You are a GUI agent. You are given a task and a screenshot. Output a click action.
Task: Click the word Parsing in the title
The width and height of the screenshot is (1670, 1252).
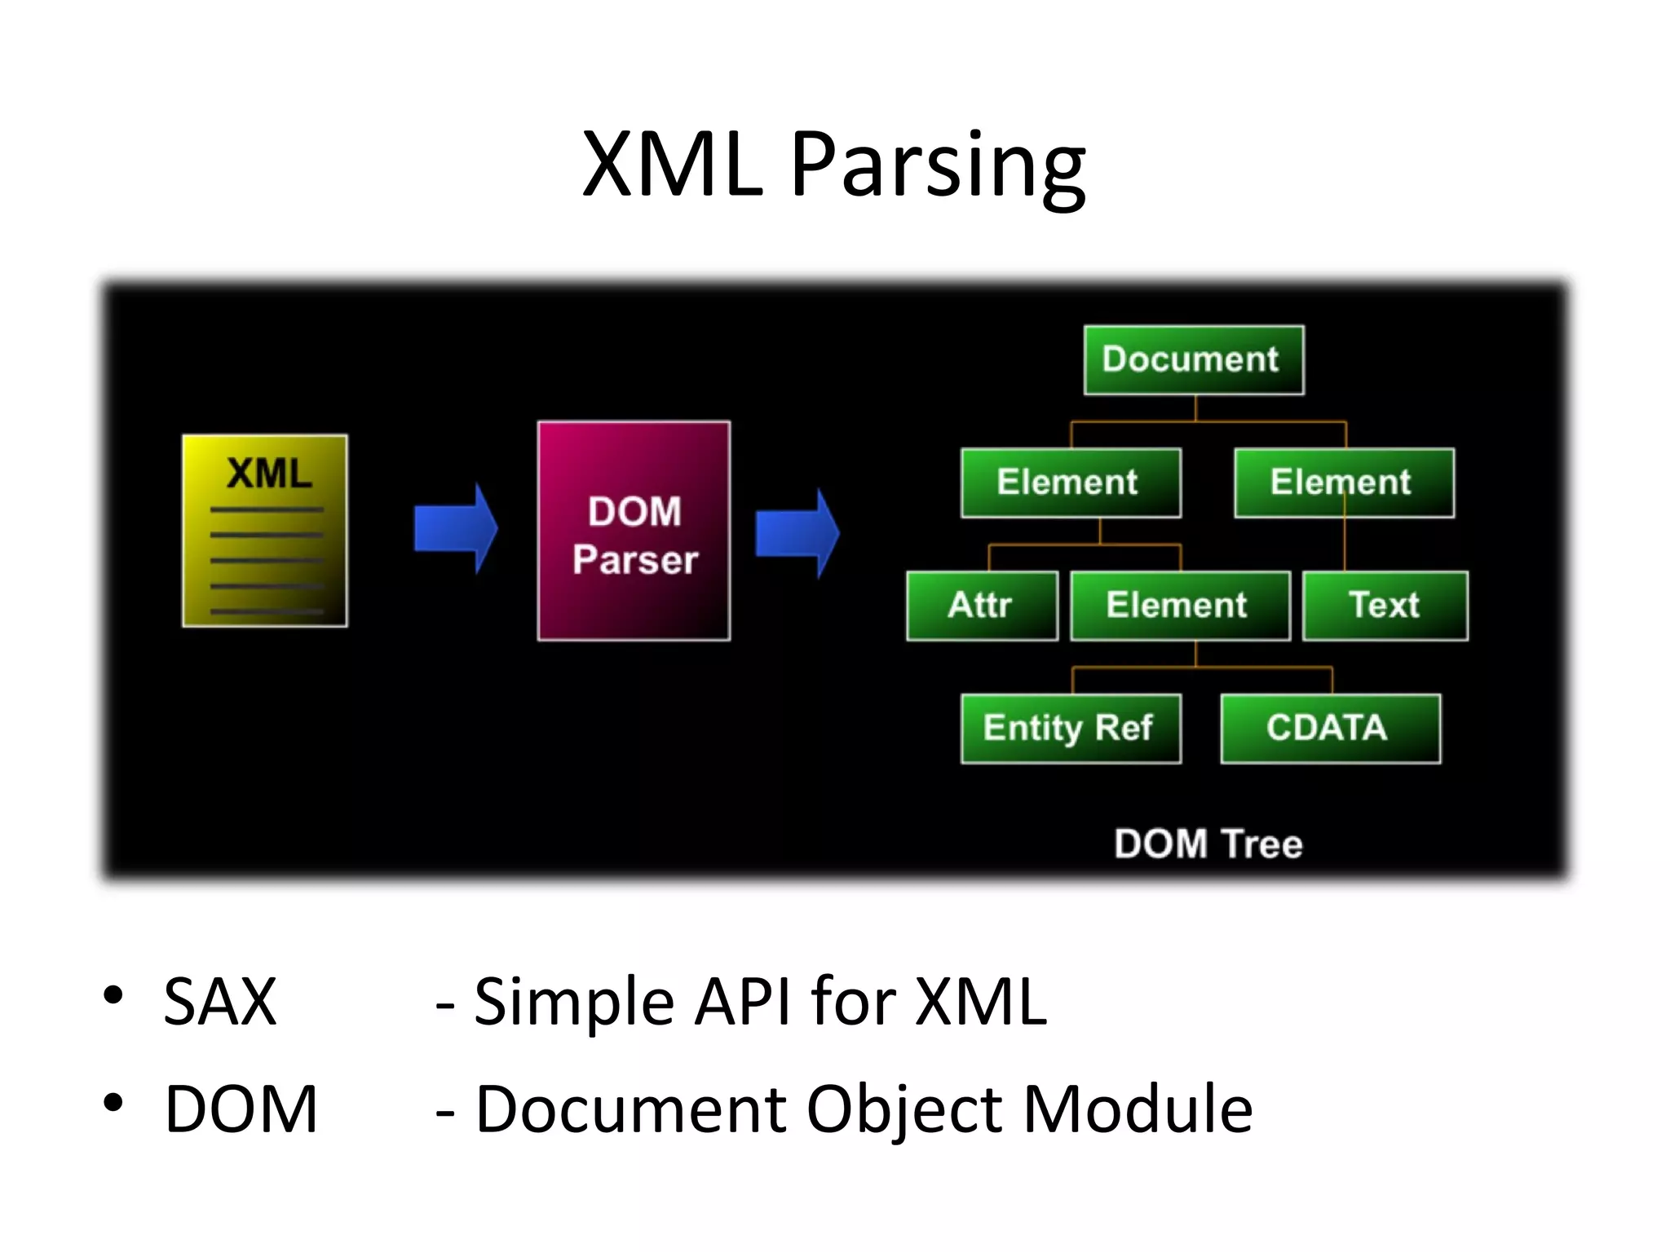(938, 167)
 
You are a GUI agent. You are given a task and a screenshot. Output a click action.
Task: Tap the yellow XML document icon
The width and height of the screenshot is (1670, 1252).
(265, 531)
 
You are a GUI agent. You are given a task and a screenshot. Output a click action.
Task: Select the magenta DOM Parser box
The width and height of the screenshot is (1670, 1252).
(634, 531)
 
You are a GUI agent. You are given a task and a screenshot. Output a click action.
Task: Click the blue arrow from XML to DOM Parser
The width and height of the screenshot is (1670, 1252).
(455, 529)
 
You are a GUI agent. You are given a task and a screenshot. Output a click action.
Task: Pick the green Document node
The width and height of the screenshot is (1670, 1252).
(1194, 360)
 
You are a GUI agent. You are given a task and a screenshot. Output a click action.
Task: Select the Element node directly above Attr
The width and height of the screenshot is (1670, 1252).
(1071, 483)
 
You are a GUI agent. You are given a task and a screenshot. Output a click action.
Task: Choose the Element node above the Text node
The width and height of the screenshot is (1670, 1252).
(1344, 483)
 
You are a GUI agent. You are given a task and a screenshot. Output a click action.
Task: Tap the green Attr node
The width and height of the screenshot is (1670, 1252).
(982, 606)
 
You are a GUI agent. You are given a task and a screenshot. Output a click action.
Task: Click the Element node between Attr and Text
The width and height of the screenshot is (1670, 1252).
(1179, 606)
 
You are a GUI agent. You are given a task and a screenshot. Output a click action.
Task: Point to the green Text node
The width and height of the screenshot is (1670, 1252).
(1385, 606)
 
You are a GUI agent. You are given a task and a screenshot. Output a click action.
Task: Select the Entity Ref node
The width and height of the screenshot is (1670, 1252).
(1071, 729)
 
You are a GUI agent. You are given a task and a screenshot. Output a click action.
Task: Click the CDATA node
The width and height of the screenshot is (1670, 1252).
(1330, 729)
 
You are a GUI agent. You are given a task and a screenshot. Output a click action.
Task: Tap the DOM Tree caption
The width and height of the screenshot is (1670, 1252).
(1208, 844)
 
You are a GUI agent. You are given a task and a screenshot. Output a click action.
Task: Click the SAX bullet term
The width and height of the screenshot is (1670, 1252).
(220, 1001)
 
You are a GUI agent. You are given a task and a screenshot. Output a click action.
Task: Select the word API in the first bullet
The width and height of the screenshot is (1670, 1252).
(743, 1001)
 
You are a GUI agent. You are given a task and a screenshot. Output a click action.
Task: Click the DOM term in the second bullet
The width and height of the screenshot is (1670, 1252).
(241, 1109)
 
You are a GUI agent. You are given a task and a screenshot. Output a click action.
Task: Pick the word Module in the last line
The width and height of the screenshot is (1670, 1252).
(1137, 1109)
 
